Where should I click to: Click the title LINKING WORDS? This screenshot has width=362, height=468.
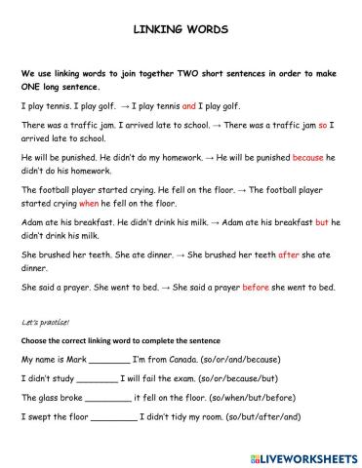click(181, 30)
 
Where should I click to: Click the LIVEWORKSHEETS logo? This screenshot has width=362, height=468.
click(302, 455)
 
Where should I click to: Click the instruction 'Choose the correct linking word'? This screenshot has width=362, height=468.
click(106, 340)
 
